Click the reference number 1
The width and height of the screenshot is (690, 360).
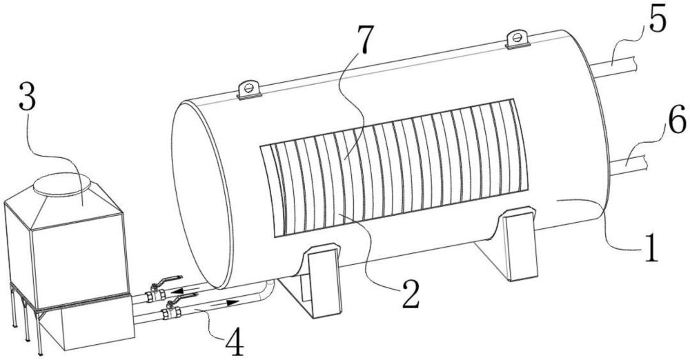[x=651, y=248]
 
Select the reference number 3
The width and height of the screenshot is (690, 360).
[x=28, y=100]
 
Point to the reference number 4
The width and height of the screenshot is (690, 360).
[x=234, y=343]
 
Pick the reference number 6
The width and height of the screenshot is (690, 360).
[x=676, y=119]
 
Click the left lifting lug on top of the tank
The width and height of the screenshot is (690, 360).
[x=248, y=90]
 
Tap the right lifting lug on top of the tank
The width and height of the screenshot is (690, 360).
[x=518, y=39]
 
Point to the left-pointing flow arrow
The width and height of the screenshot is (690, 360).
[x=185, y=290]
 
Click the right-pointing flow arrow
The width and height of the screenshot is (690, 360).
[x=224, y=303]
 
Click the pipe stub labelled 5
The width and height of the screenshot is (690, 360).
[x=617, y=68]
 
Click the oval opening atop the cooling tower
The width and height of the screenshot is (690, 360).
[x=62, y=184]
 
